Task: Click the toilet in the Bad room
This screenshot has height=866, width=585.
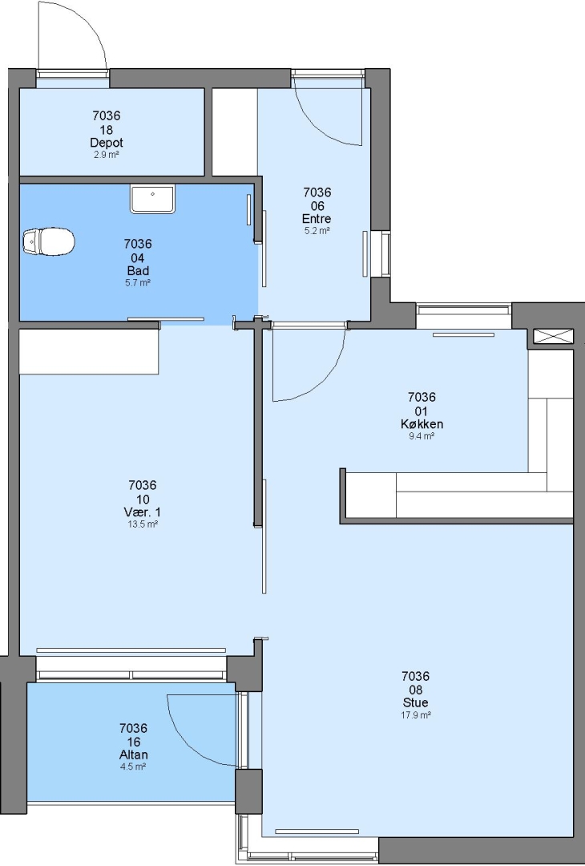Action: coord(49,241)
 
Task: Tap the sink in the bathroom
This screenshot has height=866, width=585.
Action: coord(153,200)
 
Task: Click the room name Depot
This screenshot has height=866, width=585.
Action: coord(107,143)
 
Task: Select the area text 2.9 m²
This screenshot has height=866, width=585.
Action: coord(107,155)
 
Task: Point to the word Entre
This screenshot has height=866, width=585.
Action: coord(317,219)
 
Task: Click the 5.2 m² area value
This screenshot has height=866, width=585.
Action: coord(317,231)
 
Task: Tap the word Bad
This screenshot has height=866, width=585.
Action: coord(138,271)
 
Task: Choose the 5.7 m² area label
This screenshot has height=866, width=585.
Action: coord(138,283)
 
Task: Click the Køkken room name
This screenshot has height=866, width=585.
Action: coord(422,424)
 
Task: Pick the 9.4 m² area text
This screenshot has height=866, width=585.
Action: coord(422,436)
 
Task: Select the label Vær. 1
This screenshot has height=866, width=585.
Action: coord(143,512)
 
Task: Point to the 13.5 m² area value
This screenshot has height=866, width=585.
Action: coord(143,524)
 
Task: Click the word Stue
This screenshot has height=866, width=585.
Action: coord(416,702)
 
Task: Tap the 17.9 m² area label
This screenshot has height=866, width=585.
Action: coord(416,715)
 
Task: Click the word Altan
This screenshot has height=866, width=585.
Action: coord(134,755)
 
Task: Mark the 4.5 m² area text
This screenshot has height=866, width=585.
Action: coord(133,767)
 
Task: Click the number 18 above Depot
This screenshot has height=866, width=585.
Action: coord(107,130)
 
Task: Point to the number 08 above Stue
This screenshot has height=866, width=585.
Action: coord(416,690)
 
